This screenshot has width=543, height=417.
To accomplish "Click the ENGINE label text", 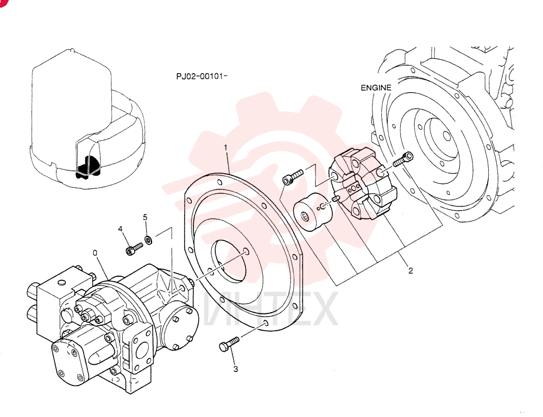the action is click(376, 87).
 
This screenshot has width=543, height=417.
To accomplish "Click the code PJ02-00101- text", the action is click(201, 76).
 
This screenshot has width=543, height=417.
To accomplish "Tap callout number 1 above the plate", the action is click(226, 148).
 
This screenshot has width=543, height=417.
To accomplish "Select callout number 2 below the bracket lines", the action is click(411, 270).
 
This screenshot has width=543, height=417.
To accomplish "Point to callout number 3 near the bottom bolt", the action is click(236, 369).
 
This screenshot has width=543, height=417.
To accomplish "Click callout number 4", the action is click(120, 229).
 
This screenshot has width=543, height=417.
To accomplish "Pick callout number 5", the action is click(145, 217).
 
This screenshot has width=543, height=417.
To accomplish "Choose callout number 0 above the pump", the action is click(95, 253).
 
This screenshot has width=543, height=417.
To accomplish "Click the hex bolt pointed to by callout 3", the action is click(229, 344).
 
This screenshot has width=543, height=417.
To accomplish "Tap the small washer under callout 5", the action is click(149, 239).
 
